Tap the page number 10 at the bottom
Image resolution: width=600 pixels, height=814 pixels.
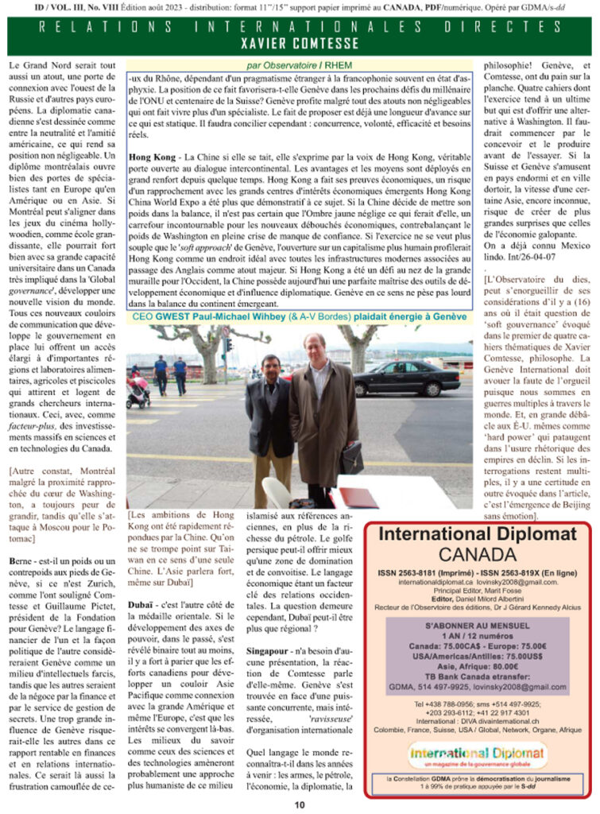point(300,804)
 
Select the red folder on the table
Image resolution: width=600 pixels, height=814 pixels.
point(354,498)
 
